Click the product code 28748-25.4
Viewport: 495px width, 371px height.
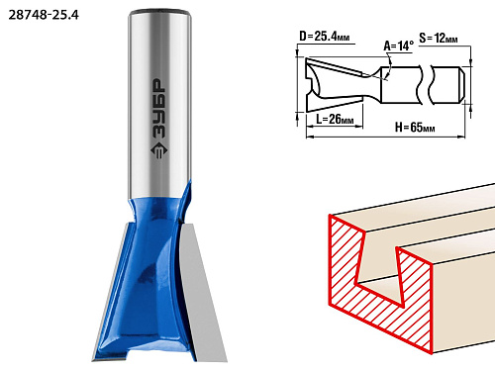pyautogui.click(x=44, y=15)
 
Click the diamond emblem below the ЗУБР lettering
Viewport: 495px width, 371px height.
pyautogui.click(x=159, y=151)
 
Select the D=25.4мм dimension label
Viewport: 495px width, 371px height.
pyautogui.click(x=324, y=37)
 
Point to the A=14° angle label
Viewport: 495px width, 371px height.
pyautogui.click(x=398, y=46)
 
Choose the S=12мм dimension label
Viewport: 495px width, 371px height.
pyautogui.click(x=439, y=39)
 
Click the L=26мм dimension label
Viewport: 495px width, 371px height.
pyautogui.click(x=335, y=119)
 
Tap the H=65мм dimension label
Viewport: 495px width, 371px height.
pyautogui.click(x=415, y=127)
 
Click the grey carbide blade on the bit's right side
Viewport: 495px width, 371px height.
pyautogui.click(x=202, y=290)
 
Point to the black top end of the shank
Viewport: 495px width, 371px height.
pyautogui.click(x=160, y=13)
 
